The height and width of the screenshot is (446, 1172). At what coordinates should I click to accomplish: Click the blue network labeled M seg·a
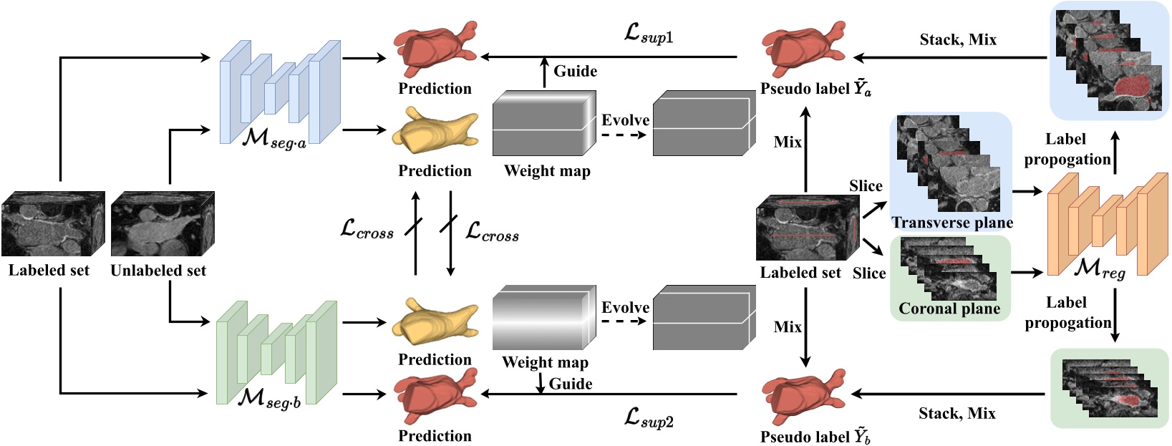[x=279, y=92]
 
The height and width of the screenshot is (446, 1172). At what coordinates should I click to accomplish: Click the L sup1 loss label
[x=649, y=33]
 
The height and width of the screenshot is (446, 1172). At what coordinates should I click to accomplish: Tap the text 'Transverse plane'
[x=951, y=223]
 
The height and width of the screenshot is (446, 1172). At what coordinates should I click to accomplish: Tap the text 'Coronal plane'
[x=949, y=309]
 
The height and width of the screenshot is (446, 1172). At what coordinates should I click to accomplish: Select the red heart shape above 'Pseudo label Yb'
[x=802, y=397]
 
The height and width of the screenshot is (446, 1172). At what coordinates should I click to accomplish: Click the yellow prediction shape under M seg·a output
[x=434, y=132]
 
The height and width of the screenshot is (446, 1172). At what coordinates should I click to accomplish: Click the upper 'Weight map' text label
[x=547, y=171]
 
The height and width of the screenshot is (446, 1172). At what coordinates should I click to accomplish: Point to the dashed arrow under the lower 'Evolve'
[x=624, y=321]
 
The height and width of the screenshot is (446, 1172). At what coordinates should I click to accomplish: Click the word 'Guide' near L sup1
[x=575, y=71]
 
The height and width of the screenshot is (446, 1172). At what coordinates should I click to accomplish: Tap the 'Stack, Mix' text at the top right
[x=958, y=40]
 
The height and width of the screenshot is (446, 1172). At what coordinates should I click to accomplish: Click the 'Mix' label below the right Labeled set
[x=788, y=327]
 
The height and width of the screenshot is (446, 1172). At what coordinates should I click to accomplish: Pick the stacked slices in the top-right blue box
[x=1108, y=60]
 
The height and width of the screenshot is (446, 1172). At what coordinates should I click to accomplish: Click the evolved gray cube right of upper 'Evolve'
[x=704, y=123]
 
